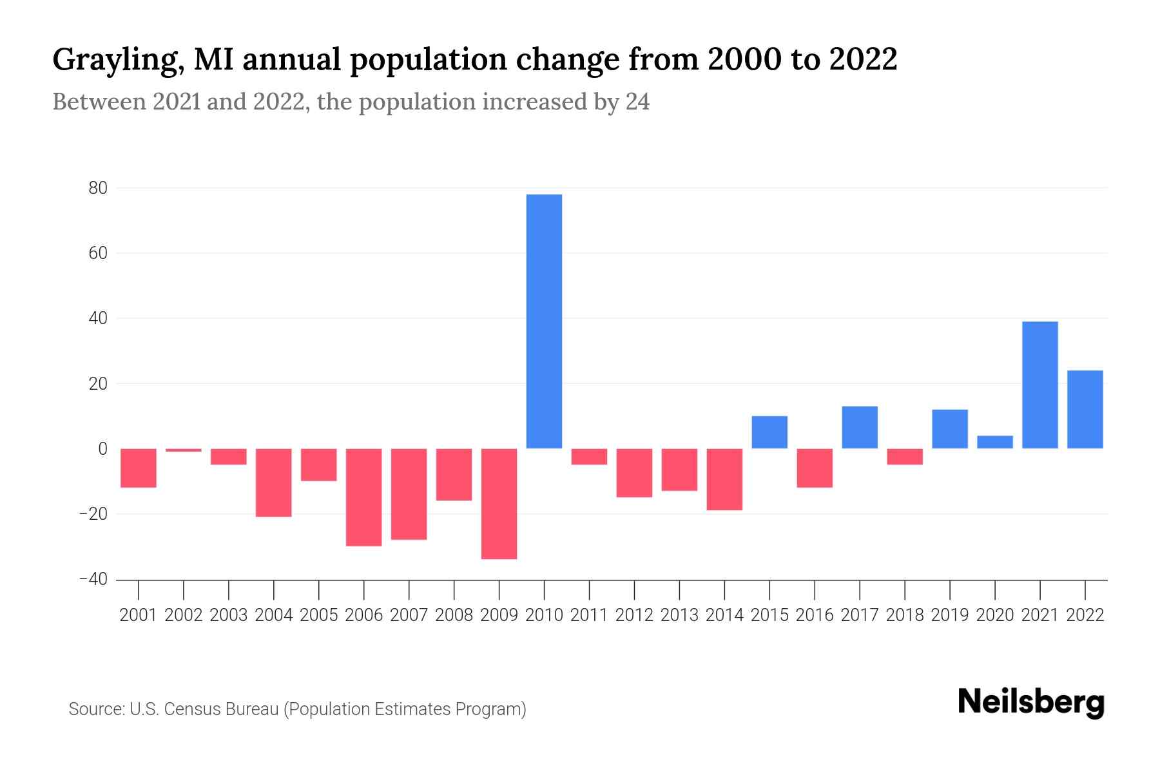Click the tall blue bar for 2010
544,321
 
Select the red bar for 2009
499,504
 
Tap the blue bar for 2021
1040,385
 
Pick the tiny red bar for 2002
184,450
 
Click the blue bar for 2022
1085,409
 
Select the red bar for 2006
363,497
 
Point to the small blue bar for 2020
995,442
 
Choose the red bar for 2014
724,479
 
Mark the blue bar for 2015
769,432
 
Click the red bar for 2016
815,468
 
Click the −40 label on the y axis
93,579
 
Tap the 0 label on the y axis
102,449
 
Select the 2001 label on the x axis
139,615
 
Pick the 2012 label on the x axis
634,615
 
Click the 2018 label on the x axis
905,615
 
